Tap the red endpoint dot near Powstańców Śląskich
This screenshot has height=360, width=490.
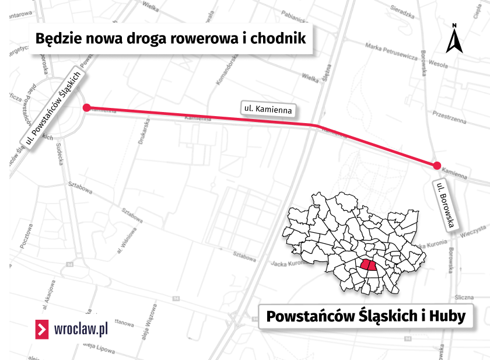(86, 107)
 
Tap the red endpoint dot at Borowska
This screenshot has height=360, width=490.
(437, 166)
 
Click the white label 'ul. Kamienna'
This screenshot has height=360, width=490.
(267, 109)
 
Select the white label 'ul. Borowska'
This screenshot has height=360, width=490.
(447, 206)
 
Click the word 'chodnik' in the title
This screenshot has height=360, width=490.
(282, 39)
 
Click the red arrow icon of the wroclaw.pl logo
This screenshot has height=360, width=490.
(42, 329)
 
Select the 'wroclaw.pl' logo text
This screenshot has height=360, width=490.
(80, 329)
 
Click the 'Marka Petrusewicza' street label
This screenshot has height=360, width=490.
(390, 52)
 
